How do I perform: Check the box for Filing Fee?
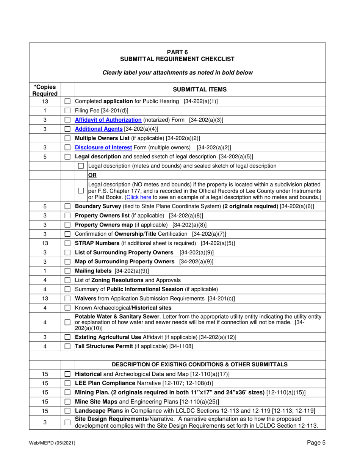pos(67,111)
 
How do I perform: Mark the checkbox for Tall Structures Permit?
pos(67,345)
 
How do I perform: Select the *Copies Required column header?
pos(44,89)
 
